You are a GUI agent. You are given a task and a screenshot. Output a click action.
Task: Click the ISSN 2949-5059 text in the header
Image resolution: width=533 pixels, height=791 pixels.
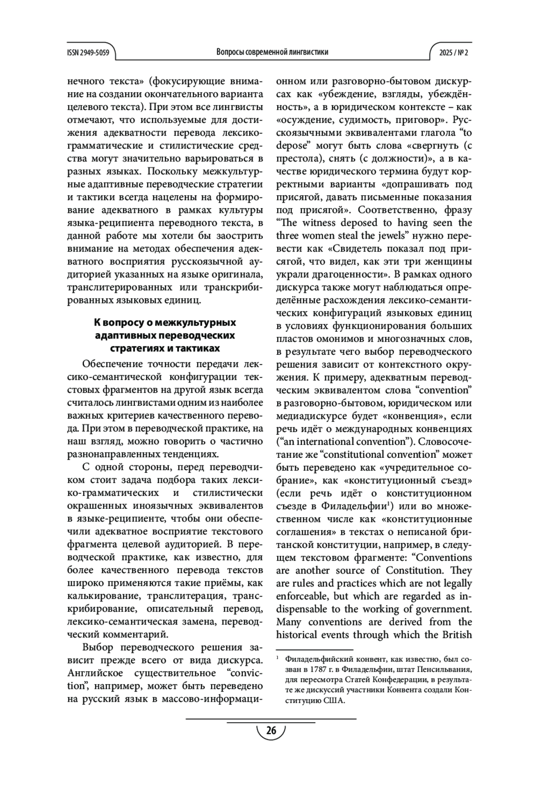coord(88,52)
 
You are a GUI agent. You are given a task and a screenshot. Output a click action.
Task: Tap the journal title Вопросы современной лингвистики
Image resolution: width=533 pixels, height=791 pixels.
coord(272,52)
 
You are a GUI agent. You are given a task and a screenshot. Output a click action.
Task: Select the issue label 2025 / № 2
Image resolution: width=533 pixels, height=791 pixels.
coord(453,52)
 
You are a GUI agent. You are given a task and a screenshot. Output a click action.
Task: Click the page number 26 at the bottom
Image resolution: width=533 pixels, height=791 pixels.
coord(271,731)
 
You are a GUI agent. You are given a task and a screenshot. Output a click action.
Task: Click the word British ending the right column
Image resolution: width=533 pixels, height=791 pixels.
coord(454,634)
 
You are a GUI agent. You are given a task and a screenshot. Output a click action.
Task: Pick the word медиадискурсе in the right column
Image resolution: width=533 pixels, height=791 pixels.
coord(311,416)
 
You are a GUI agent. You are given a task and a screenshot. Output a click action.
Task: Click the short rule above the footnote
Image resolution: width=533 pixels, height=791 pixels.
coord(314,649)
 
